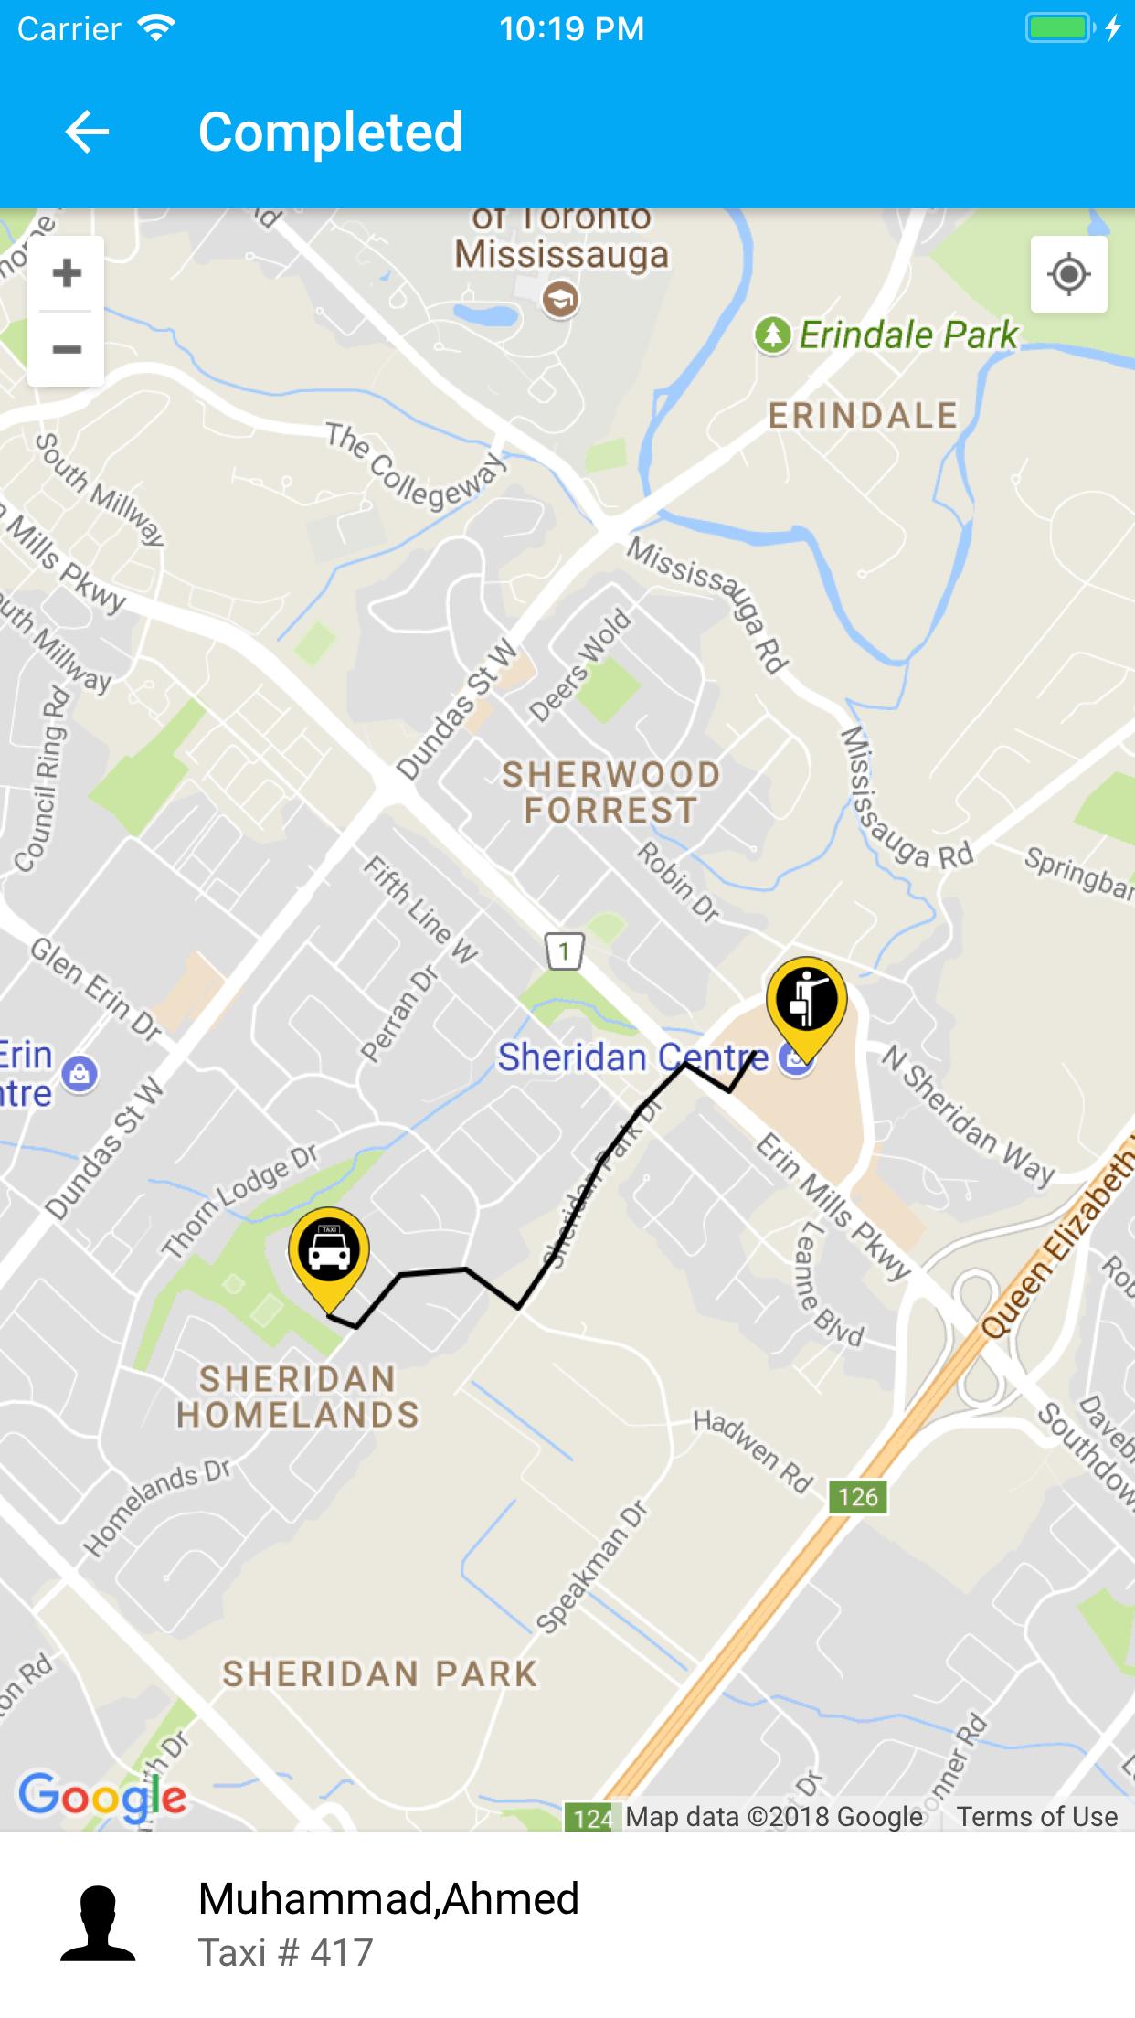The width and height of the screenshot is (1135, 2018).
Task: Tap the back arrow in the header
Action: click(x=87, y=132)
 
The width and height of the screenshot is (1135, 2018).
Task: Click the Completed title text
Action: click(x=330, y=132)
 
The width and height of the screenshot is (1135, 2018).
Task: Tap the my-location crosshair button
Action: click(x=1068, y=274)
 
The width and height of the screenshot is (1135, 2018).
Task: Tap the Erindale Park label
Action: click(x=907, y=335)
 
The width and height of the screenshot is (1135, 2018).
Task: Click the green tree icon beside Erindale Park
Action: click(x=772, y=335)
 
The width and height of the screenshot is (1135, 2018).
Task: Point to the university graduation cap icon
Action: click(x=560, y=300)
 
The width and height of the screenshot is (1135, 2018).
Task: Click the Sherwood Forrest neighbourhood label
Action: click(x=610, y=792)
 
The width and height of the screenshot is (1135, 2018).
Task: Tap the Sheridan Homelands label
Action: click(x=298, y=1397)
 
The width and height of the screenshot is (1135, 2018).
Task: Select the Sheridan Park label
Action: click(x=380, y=1673)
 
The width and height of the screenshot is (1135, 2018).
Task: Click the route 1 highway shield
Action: click(x=564, y=952)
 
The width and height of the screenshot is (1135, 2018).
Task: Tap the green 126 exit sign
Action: click(x=858, y=1496)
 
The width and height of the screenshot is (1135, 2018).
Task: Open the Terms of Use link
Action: click(x=1036, y=1816)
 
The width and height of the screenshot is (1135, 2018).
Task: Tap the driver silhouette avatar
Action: click(x=98, y=1924)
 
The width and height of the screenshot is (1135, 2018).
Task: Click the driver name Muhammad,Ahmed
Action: click(x=388, y=1898)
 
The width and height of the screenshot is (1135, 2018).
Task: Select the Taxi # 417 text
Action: click(x=285, y=1953)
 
